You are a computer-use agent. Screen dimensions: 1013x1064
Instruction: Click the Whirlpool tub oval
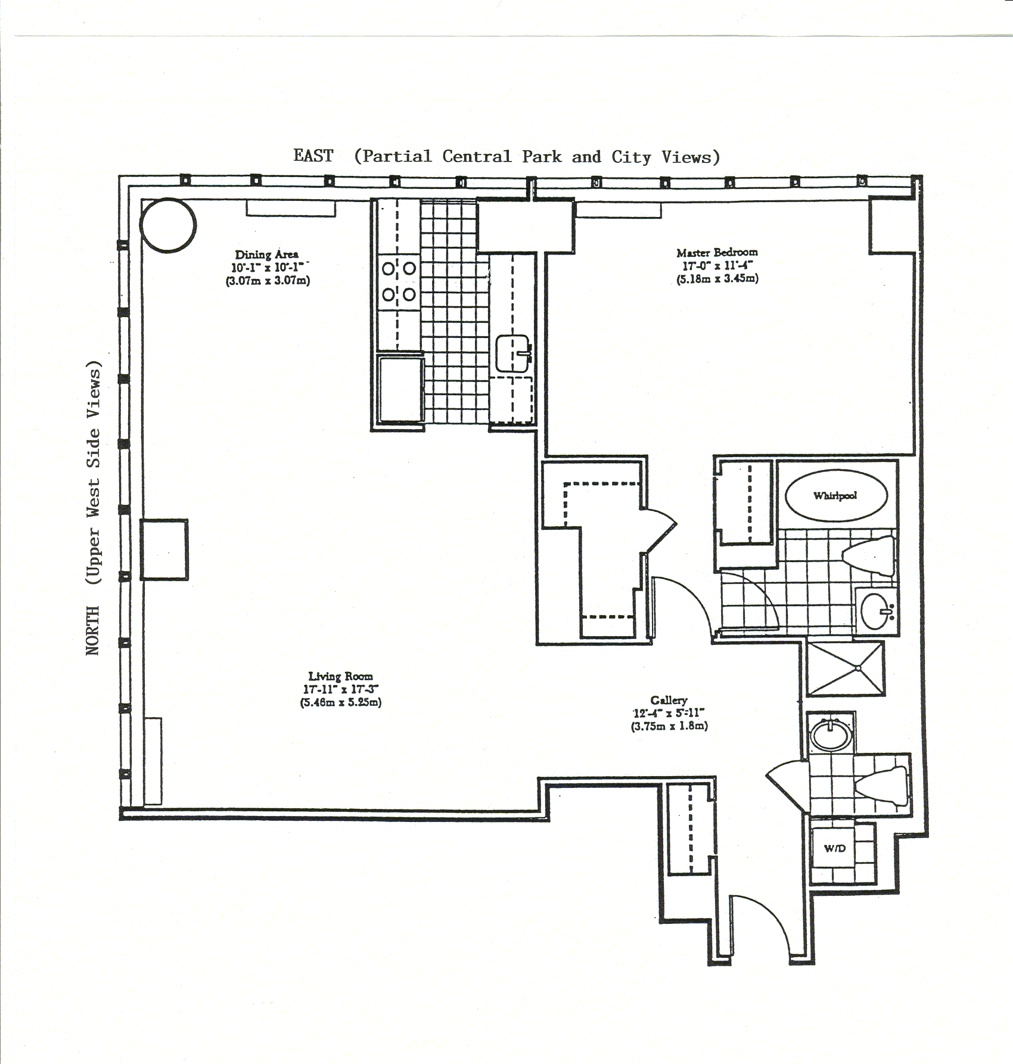coord(836,495)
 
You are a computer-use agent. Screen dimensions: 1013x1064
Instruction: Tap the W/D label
coord(834,848)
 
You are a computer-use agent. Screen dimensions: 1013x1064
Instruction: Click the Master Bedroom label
coord(717,252)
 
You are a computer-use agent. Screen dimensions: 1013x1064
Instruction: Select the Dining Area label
coord(266,255)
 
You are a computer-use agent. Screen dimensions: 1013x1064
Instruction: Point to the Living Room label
coord(340,676)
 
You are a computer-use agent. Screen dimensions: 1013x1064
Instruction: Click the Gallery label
coord(669,700)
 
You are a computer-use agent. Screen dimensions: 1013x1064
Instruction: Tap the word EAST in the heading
coord(313,156)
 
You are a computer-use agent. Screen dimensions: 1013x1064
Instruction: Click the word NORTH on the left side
coord(93,630)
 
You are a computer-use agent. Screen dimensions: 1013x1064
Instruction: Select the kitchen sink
coord(512,353)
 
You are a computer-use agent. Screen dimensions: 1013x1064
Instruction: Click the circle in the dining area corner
coord(168,225)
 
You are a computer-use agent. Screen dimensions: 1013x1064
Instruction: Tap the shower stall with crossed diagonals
coord(845,668)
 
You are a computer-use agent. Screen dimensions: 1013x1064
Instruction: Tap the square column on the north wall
coord(164,549)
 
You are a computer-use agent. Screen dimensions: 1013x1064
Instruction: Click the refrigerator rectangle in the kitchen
coord(400,389)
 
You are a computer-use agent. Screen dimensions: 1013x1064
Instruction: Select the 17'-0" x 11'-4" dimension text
coord(717,265)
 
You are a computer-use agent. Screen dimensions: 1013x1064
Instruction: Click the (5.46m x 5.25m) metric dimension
coord(340,702)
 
